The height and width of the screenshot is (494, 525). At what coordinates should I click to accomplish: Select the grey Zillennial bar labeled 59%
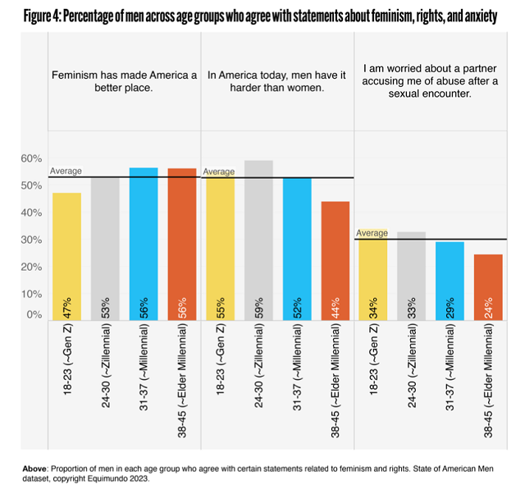pos(258,238)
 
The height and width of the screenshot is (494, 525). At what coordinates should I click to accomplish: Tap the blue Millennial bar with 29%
pos(450,279)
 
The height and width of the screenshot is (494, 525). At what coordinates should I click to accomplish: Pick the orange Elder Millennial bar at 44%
pos(335,258)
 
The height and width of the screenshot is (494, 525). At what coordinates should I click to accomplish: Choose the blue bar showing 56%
pos(143,242)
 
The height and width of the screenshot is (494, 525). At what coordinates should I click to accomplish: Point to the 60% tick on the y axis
pos(31,158)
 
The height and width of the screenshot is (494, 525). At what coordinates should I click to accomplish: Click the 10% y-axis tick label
pos(31,294)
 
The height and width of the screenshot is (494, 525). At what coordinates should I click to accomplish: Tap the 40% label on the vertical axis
pos(31,213)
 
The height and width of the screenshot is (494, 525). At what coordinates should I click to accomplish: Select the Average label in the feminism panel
pos(66,172)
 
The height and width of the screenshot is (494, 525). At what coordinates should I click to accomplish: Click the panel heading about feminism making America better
pos(125,82)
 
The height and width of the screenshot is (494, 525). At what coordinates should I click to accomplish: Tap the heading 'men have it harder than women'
pos(276,82)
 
